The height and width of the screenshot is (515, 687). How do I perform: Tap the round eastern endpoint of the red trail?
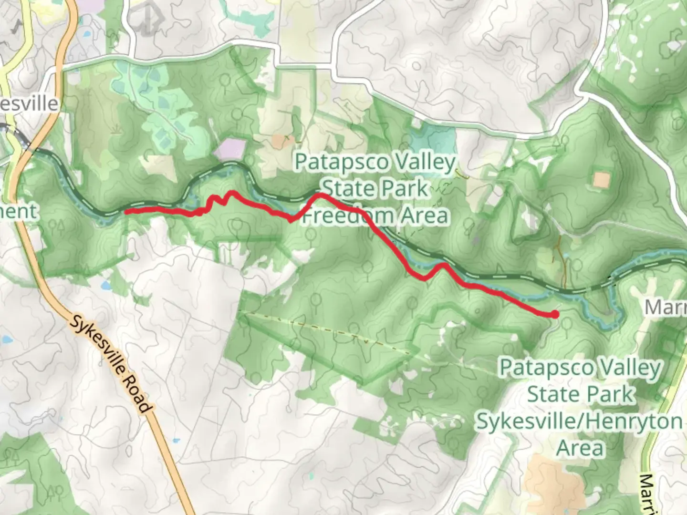point(554,314)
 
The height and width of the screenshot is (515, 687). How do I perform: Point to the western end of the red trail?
point(127,211)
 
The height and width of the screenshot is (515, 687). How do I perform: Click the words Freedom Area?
point(376,216)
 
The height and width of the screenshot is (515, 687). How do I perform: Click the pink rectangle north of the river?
point(229,149)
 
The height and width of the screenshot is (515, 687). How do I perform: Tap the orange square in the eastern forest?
point(602,180)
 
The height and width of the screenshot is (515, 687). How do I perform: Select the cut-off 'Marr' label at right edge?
point(666,308)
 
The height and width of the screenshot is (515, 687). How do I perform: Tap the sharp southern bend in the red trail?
point(291,219)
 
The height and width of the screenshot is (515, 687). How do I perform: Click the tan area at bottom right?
point(553,482)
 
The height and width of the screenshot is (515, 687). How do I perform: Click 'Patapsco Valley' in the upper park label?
point(375,162)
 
